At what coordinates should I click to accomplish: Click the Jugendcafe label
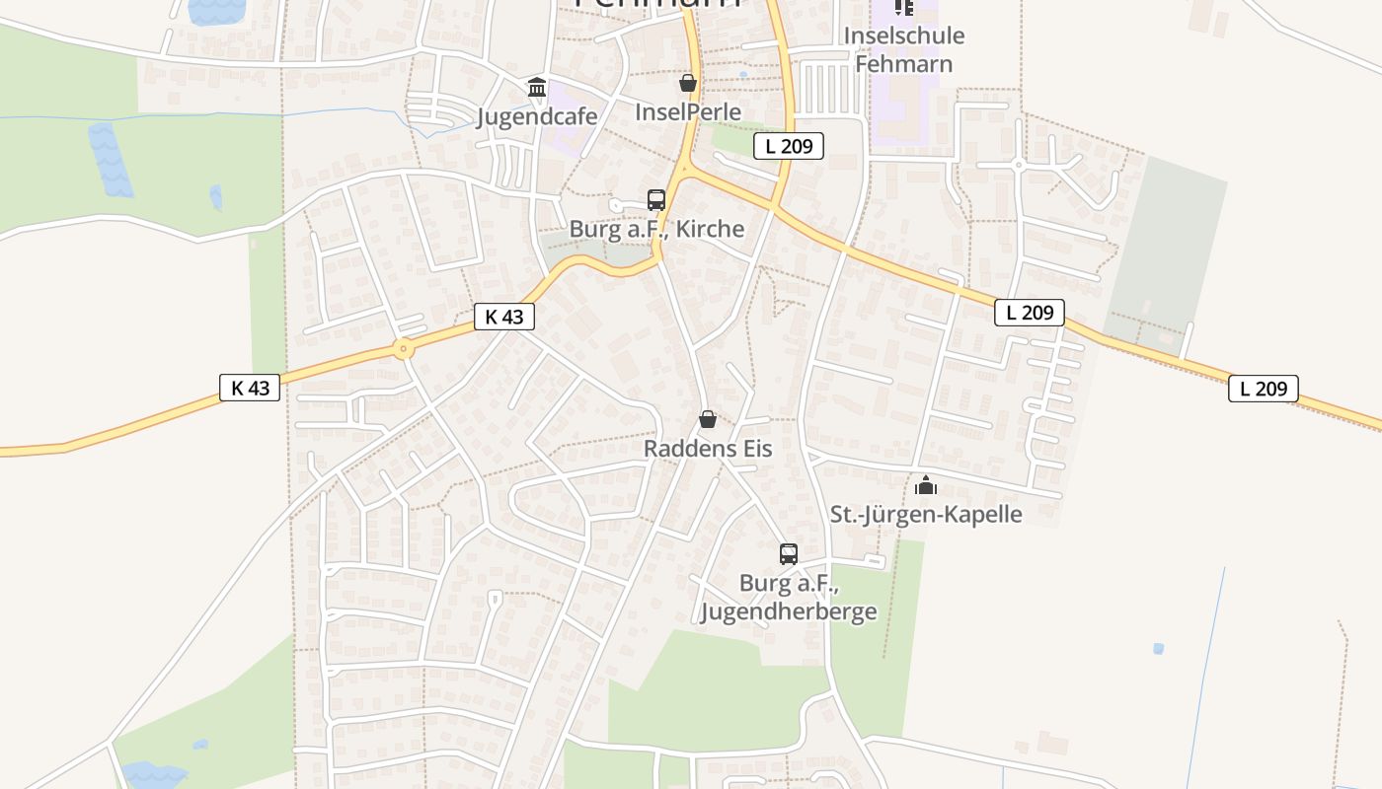coord(537,116)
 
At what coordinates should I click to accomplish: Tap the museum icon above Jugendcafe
coord(537,88)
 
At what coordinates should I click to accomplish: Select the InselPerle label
coord(688,111)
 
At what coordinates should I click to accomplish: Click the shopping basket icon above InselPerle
coord(688,83)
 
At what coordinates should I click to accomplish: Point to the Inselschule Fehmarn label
coord(904,50)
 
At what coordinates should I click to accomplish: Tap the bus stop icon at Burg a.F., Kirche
coord(656,200)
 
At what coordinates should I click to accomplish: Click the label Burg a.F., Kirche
coord(656,229)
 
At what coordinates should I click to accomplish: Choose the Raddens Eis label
coord(708,448)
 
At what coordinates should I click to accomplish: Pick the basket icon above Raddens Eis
coord(708,419)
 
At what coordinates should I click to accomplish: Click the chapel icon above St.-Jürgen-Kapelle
coord(926,485)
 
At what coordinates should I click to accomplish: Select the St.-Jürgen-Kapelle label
coord(926,514)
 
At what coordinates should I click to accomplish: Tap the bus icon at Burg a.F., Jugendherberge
coord(788,554)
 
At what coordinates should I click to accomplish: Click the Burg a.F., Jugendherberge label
coord(788,598)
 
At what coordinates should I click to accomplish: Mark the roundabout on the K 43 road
coord(403,348)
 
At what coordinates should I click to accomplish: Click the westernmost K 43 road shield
coord(250,388)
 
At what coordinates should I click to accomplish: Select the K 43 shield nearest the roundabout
coord(504,317)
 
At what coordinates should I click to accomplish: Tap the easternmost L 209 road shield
coord(1263,389)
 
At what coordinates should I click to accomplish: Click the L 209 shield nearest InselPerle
coord(789,147)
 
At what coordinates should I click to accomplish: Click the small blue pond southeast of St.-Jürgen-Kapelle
coord(1158,649)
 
